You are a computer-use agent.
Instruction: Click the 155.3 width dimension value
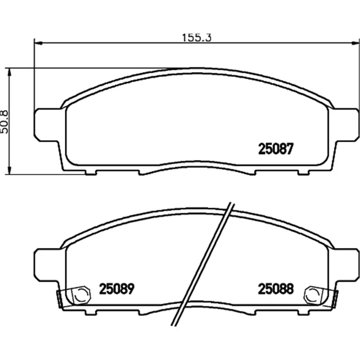click(197, 38)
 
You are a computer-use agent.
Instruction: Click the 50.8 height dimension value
click(4, 122)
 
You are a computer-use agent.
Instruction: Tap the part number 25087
click(276, 149)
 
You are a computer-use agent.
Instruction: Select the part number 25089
click(117, 288)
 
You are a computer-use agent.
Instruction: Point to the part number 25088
click(276, 288)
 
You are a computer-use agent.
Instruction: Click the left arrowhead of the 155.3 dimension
click(38, 43)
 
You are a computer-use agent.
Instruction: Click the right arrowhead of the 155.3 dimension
click(355, 43)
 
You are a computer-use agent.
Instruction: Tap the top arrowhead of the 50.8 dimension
click(9, 72)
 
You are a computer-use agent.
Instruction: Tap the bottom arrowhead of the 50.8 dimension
click(9, 171)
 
